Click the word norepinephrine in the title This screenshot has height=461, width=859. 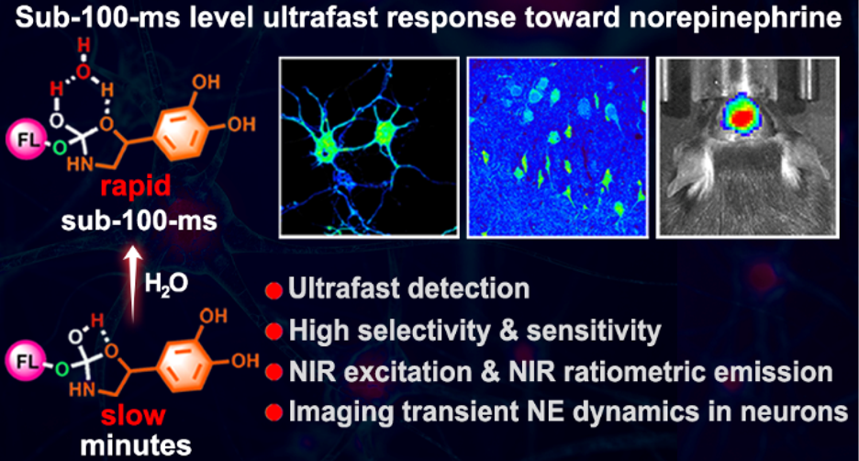[x=736, y=17]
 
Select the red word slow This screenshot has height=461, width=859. [x=133, y=415]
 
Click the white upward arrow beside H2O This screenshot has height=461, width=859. [x=132, y=284]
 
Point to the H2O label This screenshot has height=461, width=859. [x=166, y=284]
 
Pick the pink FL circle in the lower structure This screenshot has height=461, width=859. [x=26, y=361]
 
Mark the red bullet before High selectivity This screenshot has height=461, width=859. [x=273, y=332]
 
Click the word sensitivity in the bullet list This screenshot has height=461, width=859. [x=594, y=331]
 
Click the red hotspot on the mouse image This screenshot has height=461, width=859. [x=744, y=117]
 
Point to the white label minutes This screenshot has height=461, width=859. [x=136, y=445]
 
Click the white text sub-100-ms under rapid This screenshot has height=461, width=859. [x=139, y=221]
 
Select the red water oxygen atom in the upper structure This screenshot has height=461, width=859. [x=84, y=72]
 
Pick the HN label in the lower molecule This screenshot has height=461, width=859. [x=83, y=389]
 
